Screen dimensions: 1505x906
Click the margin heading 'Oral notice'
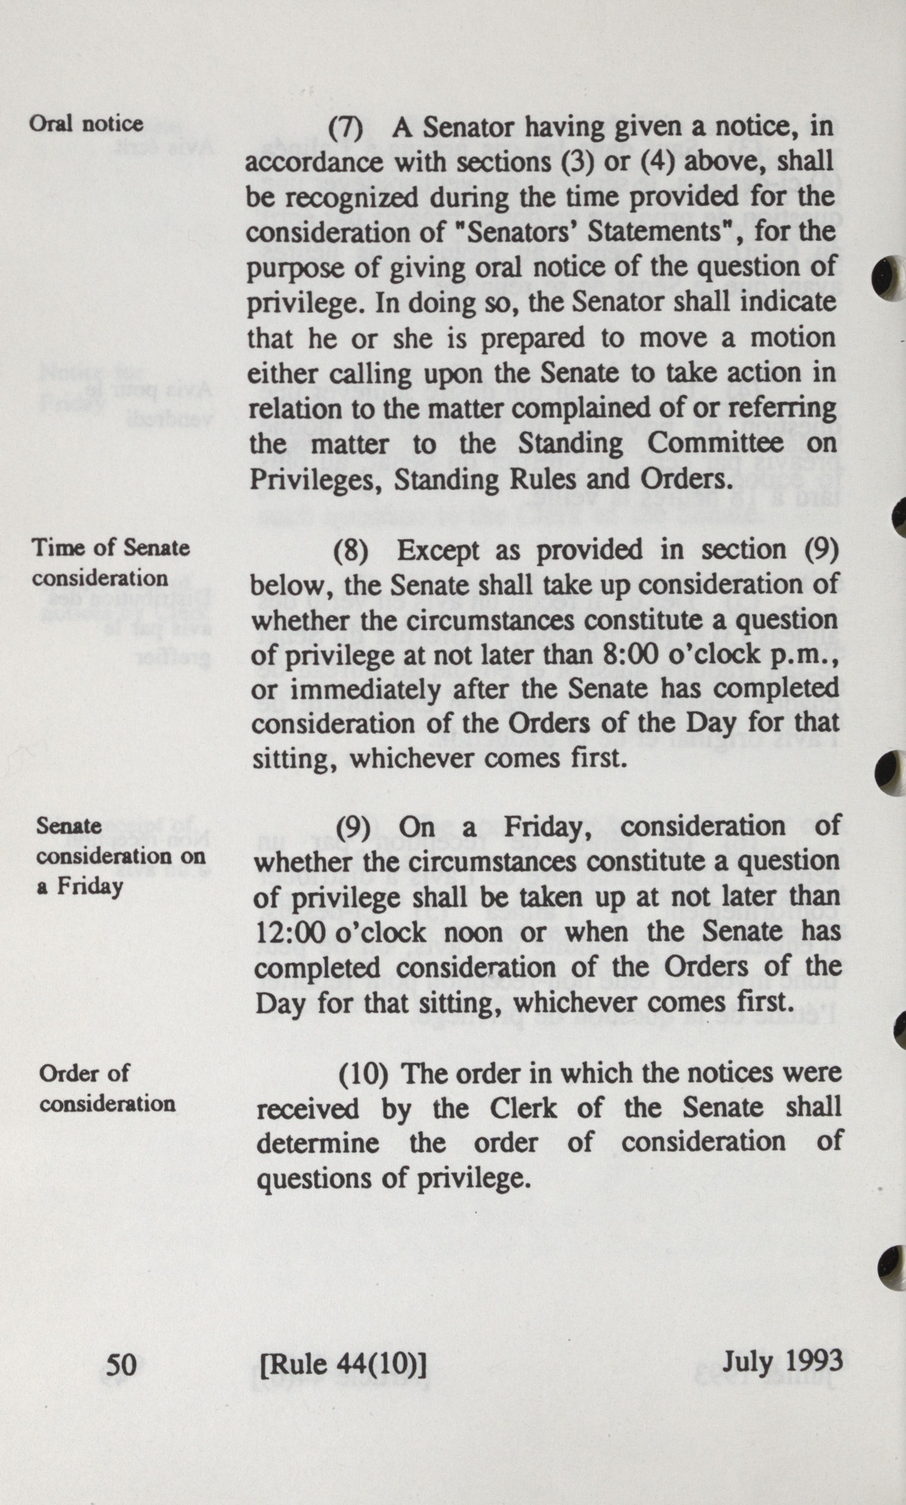pyautogui.click(x=86, y=124)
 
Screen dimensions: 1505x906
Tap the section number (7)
pyautogui.click(x=346, y=127)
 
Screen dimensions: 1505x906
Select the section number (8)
pyautogui.click(x=350, y=551)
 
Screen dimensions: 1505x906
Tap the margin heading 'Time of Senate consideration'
pyautogui.click(x=111, y=563)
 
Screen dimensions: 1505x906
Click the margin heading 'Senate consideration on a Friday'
pyautogui.click(x=120, y=855)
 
